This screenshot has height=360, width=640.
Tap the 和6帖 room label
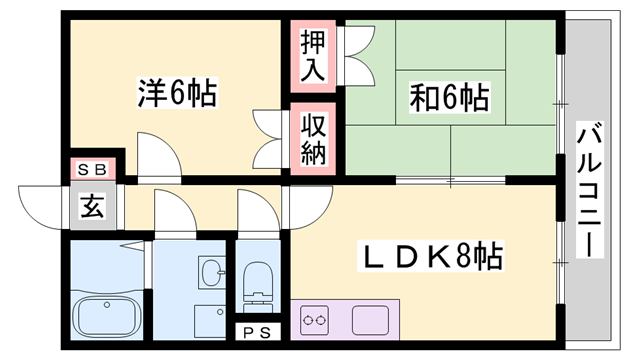448,97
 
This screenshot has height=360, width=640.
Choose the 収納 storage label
311,140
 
